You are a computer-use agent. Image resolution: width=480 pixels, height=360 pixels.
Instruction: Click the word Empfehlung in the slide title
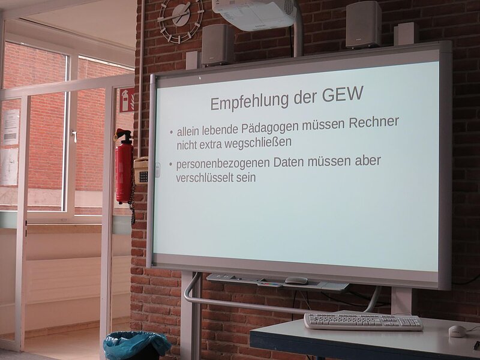[250, 101]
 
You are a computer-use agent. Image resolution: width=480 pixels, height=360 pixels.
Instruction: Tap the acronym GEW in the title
[343, 94]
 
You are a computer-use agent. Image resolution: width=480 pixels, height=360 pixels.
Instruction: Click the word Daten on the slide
[289, 162]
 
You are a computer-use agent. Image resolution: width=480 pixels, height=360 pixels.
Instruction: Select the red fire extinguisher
[124, 167]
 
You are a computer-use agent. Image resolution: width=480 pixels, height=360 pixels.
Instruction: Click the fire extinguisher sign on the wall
[127, 100]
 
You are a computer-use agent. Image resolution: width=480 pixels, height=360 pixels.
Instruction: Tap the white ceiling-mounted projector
[254, 14]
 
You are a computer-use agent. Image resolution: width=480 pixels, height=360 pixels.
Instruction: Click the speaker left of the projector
[218, 45]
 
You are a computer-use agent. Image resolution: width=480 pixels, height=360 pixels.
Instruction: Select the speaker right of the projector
[364, 25]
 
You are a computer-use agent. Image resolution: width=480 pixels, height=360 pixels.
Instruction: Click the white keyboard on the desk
[364, 322]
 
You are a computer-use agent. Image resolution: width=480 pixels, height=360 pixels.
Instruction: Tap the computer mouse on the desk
[457, 331]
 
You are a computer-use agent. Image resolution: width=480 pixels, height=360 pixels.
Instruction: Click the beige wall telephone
[141, 170]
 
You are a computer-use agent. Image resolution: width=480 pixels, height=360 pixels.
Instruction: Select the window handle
[74, 136]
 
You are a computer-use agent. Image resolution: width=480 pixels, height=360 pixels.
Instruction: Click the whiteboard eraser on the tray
[296, 280]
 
